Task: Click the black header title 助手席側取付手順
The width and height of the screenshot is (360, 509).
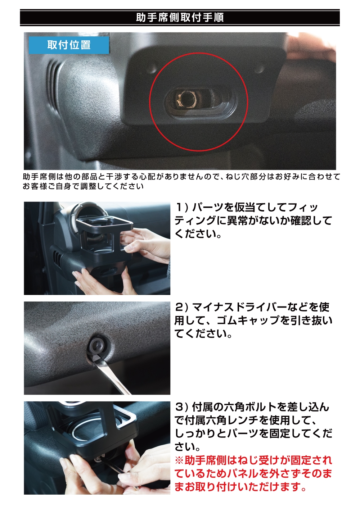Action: [x=180, y=18]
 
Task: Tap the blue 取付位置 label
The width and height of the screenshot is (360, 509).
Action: [x=69, y=45]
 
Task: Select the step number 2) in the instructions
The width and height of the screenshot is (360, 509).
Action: [x=182, y=307]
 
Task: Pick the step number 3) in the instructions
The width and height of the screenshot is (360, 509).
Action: [x=182, y=407]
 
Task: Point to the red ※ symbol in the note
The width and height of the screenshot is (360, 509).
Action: [x=179, y=460]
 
